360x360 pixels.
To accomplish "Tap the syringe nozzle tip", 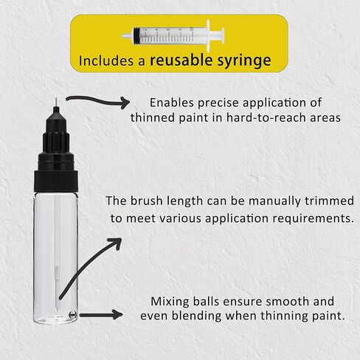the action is (x=127, y=36).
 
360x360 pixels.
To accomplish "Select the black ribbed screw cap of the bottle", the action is (x=56, y=181).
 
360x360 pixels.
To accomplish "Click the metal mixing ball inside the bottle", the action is (x=72, y=315).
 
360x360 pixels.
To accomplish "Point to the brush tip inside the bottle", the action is (x=57, y=298).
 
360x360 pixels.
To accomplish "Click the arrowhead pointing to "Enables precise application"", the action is (x=125, y=103).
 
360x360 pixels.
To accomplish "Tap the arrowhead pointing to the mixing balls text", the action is (x=117, y=315).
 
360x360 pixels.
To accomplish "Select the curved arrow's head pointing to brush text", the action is (x=116, y=243).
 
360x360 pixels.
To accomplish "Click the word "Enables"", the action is (x=172, y=103).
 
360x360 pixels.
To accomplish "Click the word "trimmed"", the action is (x=329, y=201).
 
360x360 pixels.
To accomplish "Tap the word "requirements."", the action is (x=313, y=218).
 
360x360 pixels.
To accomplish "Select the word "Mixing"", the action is (x=170, y=302).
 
